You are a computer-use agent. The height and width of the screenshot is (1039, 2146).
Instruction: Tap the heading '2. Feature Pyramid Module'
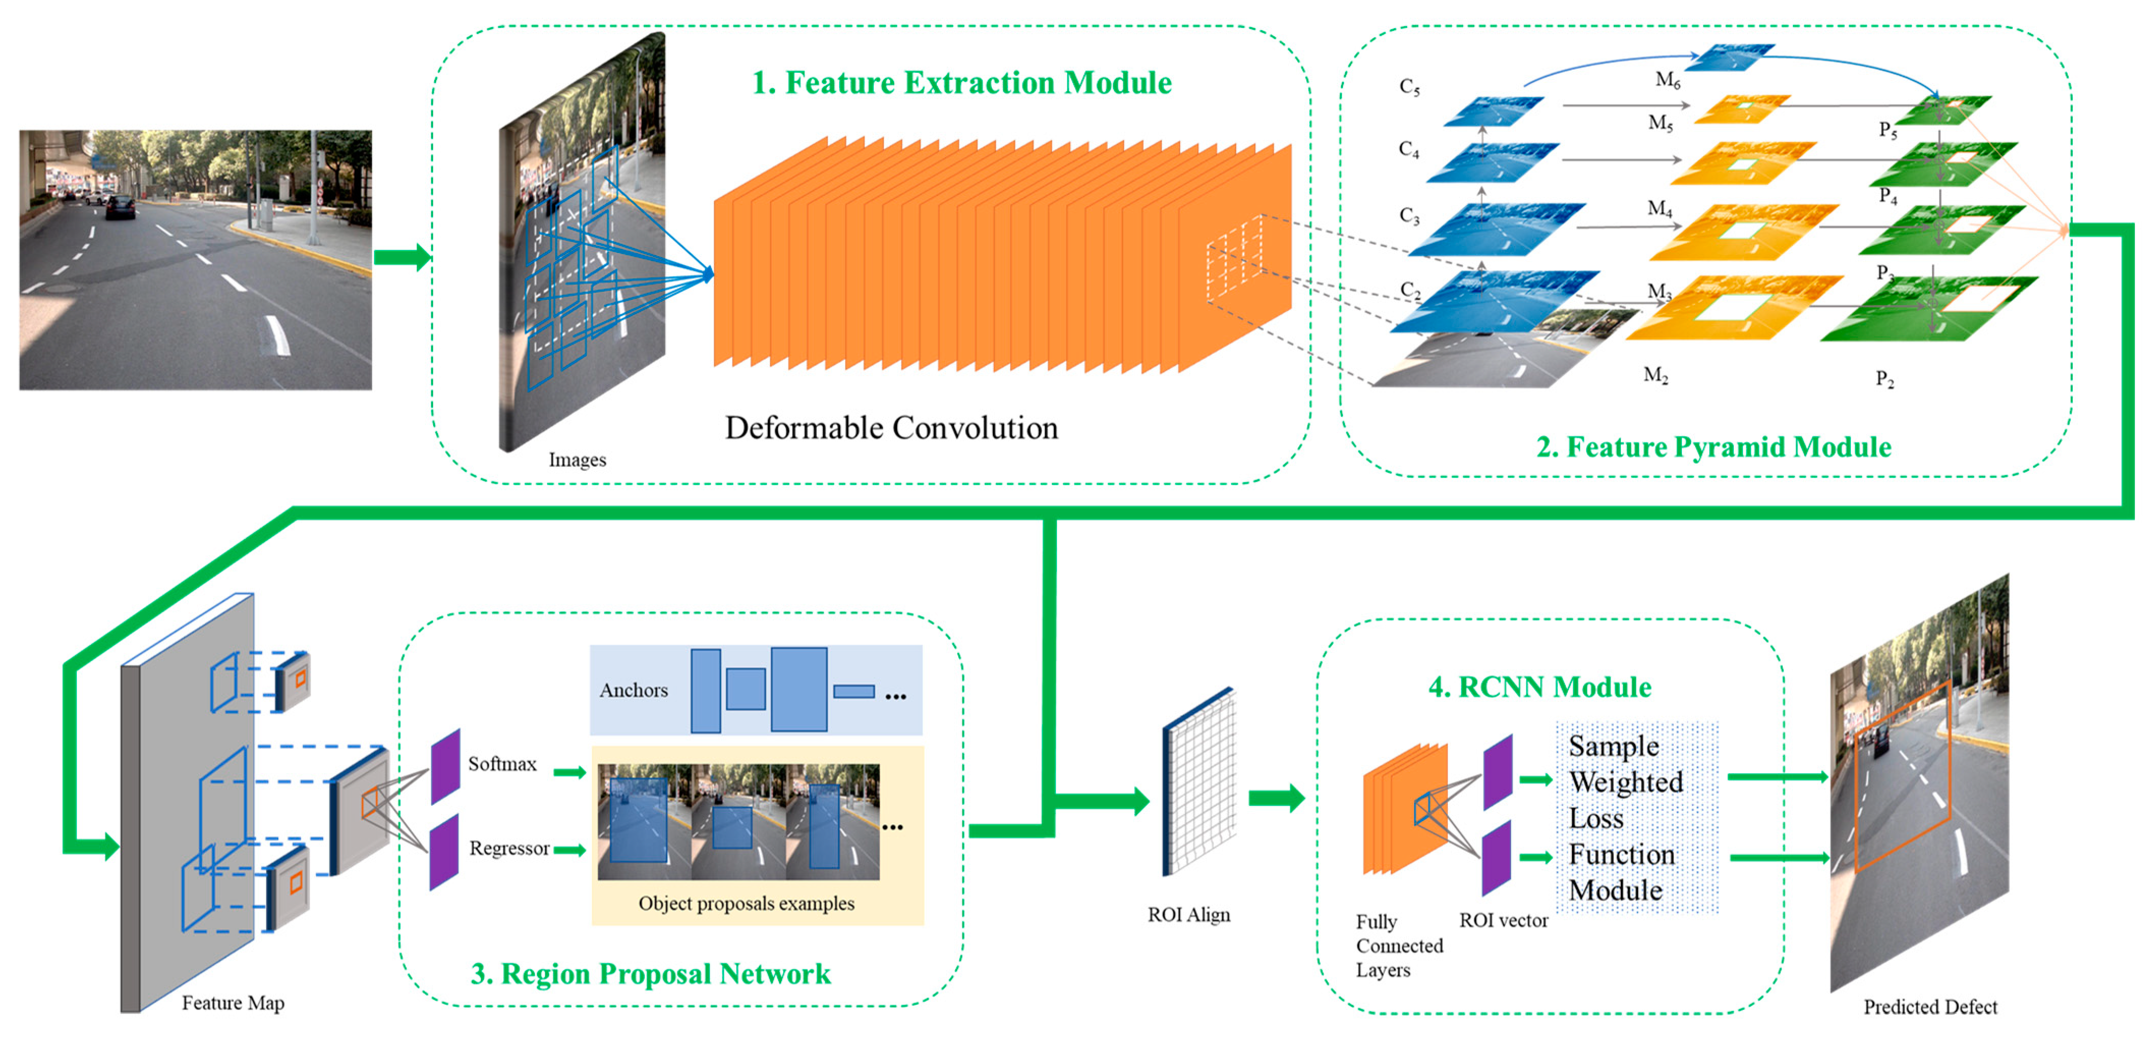pos(1713,447)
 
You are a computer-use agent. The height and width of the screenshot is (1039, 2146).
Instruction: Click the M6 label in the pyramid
pos(1667,80)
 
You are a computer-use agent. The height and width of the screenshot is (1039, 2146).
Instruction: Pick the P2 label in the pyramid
pos(1884,379)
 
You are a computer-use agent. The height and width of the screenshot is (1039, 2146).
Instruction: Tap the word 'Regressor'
pos(509,848)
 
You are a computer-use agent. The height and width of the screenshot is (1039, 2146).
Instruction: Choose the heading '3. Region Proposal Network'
pos(651,974)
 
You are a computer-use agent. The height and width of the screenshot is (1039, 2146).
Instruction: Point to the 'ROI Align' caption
pos(1188,915)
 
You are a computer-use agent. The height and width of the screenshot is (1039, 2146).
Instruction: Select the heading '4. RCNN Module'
pos(1539,687)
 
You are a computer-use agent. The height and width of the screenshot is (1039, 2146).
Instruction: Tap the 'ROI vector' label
pos(1503,921)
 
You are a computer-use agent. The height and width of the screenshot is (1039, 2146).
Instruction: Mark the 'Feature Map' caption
pos(233,1003)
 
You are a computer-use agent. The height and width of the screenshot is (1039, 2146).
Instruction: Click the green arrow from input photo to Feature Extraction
pos(402,258)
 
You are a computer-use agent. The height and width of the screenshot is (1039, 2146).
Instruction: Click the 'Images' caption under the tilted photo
pos(577,460)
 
